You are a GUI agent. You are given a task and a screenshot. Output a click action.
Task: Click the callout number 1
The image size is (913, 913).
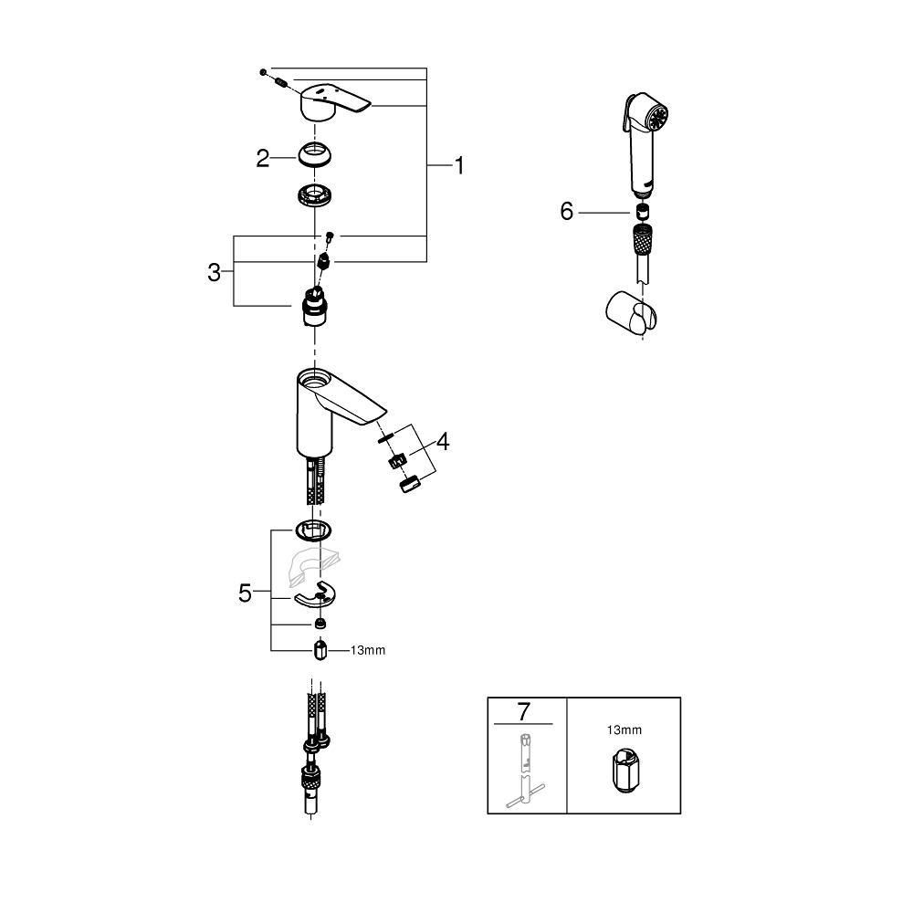tap(459, 165)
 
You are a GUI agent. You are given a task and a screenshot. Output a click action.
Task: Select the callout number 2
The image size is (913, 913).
tap(263, 159)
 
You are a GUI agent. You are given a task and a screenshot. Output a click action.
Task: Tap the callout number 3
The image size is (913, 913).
tap(214, 272)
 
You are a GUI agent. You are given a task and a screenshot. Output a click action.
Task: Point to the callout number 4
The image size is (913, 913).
tap(442, 442)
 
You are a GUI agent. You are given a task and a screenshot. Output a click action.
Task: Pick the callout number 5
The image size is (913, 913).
tap(245, 593)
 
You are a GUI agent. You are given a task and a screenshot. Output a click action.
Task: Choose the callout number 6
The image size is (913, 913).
tap(566, 212)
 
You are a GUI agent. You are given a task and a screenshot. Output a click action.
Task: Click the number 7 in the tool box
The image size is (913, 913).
tap(524, 711)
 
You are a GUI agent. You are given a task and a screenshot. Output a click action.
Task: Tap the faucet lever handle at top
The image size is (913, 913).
tap(333, 100)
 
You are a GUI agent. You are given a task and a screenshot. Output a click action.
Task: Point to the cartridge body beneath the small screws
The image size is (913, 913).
tap(315, 306)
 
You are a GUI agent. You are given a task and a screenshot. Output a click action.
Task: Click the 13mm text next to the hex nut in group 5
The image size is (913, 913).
tap(370, 651)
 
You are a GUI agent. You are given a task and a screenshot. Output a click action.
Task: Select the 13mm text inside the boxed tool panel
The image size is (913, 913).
tap(624, 729)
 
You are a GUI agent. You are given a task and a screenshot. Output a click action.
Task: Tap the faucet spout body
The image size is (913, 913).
tap(338, 402)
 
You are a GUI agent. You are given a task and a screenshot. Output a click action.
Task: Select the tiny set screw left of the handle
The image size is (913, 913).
tap(263, 71)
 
